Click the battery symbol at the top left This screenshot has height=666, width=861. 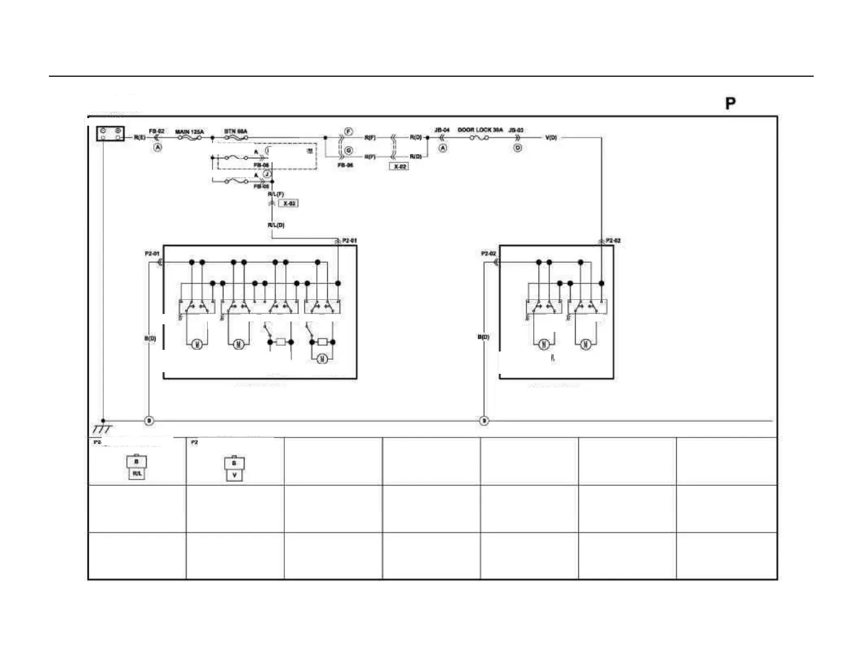click(x=110, y=134)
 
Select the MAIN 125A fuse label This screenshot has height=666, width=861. click(x=189, y=132)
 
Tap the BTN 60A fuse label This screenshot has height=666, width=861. click(x=236, y=132)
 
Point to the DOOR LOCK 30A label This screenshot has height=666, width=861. click(x=480, y=130)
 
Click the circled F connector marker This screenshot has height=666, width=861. click(x=348, y=132)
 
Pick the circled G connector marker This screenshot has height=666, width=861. click(x=348, y=151)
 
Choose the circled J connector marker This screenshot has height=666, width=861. click(x=267, y=174)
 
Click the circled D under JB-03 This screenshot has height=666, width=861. click(x=517, y=147)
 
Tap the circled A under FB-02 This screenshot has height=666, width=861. click(x=157, y=147)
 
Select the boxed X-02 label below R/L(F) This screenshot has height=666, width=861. click(x=289, y=203)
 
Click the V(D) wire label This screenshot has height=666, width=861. click(x=551, y=138)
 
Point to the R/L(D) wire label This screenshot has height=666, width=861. click(x=276, y=225)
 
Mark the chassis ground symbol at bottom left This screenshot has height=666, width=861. click(x=102, y=428)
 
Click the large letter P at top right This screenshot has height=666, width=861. click(x=731, y=103)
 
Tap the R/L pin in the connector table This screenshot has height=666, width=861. click(x=136, y=474)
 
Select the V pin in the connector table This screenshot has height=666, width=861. click(x=234, y=476)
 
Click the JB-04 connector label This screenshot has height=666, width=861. click(x=442, y=131)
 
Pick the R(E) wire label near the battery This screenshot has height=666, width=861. click(x=139, y=138)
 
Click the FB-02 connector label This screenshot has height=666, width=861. click(x=157, y=132)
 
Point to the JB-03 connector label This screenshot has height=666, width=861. click(x=516, y=131)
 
